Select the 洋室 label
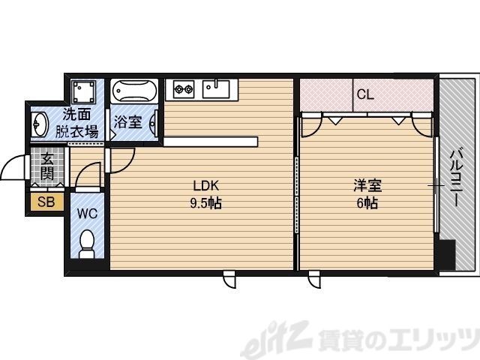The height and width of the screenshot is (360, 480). [366, 185]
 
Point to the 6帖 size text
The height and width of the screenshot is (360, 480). [366, 202]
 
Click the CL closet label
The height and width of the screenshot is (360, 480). [365, 94]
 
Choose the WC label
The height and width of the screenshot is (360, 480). [88, 212]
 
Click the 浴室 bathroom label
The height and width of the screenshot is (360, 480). [127, 121]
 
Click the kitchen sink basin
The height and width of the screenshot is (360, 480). [218, 90]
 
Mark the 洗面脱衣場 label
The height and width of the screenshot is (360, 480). [76, 124]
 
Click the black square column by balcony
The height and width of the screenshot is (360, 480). [446, 254]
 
